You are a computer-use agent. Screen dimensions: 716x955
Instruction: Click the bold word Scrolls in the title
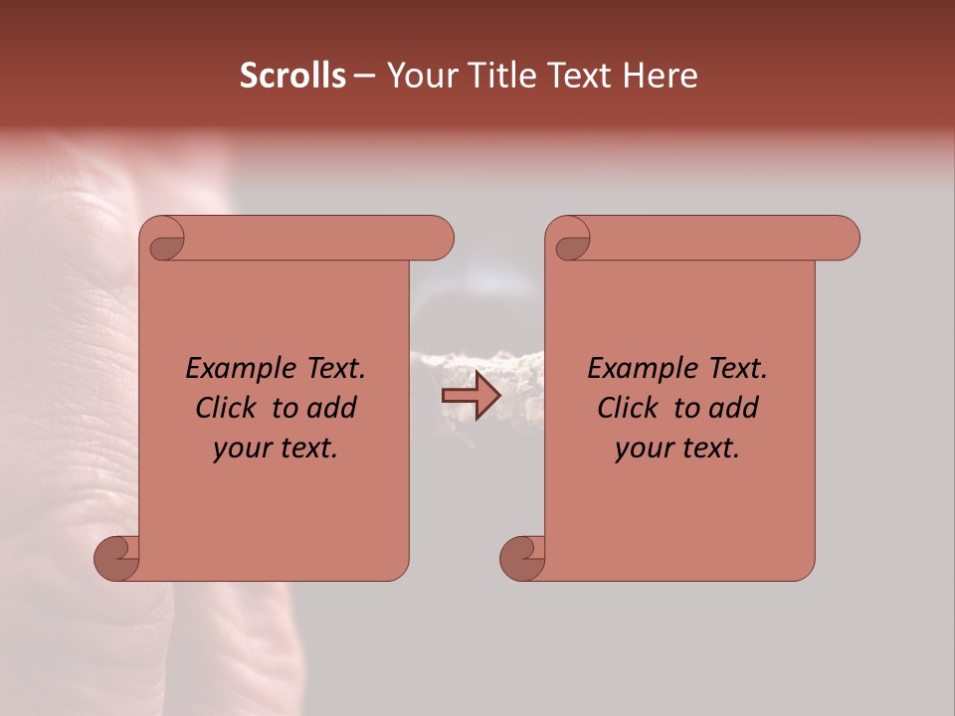292,76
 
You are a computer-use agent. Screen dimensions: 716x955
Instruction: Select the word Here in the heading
660,76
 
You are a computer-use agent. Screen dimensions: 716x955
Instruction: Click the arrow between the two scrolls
471,397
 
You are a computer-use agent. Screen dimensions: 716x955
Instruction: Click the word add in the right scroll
735,408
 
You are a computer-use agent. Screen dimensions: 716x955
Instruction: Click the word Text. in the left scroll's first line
331,368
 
